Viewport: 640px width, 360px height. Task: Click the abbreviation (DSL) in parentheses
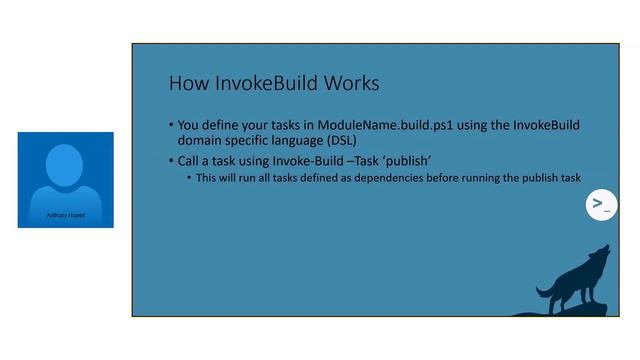[x=334, y=142]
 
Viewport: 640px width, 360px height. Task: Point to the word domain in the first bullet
[x=203, y=142]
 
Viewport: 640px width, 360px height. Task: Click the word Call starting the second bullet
[x=193, y=161]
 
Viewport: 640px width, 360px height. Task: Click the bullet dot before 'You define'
[x=170, y=126]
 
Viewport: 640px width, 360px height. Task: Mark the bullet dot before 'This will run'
[x=188, y=178]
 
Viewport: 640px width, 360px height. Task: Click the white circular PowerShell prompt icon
[x=600, y=205]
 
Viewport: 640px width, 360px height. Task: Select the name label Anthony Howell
[x=65, y=214]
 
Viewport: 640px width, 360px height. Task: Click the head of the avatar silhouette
[x=65, y=163]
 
